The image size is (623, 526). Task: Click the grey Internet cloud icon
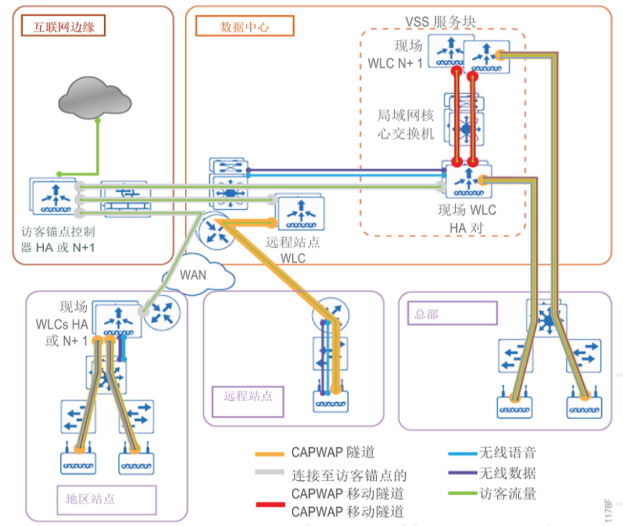tap(96, 93)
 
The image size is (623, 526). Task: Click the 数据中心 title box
tap(245, 27)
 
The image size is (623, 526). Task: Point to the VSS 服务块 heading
tap(441, 22)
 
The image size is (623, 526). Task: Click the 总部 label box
tap(452, 314)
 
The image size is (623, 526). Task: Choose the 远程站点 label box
tap(248, 396)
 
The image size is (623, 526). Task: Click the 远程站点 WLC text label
tap(293, 250)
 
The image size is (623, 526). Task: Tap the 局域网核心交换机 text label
tap(406, 123)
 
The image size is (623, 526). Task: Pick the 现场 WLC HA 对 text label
tap(467, 218)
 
